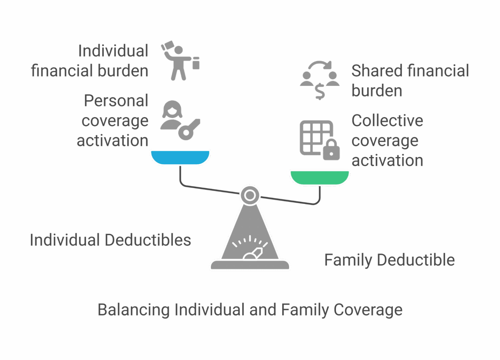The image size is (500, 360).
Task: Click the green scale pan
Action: [320, 177]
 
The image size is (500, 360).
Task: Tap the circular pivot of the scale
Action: [250, 195]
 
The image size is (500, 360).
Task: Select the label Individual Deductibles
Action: [110, 240]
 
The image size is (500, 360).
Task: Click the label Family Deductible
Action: [389, 260]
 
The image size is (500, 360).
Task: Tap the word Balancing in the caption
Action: [133, 310]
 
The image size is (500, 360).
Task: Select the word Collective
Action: [387, 121]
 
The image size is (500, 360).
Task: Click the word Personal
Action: [116, 101]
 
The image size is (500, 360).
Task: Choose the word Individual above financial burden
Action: [113, 51]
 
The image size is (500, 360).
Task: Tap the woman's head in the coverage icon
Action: [172, 110]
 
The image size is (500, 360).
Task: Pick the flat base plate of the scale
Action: [250, 265]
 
